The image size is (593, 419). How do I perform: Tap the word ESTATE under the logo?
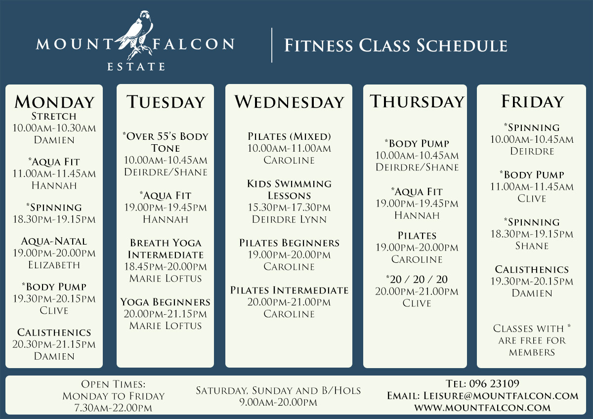click(136, 67)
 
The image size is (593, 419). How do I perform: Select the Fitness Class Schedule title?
click(396, 45)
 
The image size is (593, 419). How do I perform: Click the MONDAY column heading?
click(54, 102)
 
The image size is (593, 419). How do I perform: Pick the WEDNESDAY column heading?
click(289, 102)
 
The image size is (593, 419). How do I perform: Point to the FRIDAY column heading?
click(532, 101)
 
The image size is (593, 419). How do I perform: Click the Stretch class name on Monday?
click(54, 116)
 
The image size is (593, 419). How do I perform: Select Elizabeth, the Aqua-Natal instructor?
click(54, 265)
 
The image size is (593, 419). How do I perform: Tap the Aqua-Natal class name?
click(54, 242)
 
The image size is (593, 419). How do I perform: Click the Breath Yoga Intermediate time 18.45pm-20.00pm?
click(166, 266)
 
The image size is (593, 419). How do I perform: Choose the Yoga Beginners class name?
click(165, 302)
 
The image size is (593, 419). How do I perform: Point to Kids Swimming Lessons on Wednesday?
click(289, 190)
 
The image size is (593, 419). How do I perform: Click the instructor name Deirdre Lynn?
click(289, 219)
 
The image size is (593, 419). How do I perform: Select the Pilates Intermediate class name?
click(289, 290)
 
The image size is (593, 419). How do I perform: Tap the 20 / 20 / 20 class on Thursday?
click(417, 279)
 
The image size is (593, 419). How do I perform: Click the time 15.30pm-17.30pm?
click(289, 208)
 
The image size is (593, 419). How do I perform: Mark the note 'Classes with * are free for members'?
click(532, 340)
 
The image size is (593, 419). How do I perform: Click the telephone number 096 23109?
click(494, 383)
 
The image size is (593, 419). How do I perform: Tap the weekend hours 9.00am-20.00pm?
click(278, 402)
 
